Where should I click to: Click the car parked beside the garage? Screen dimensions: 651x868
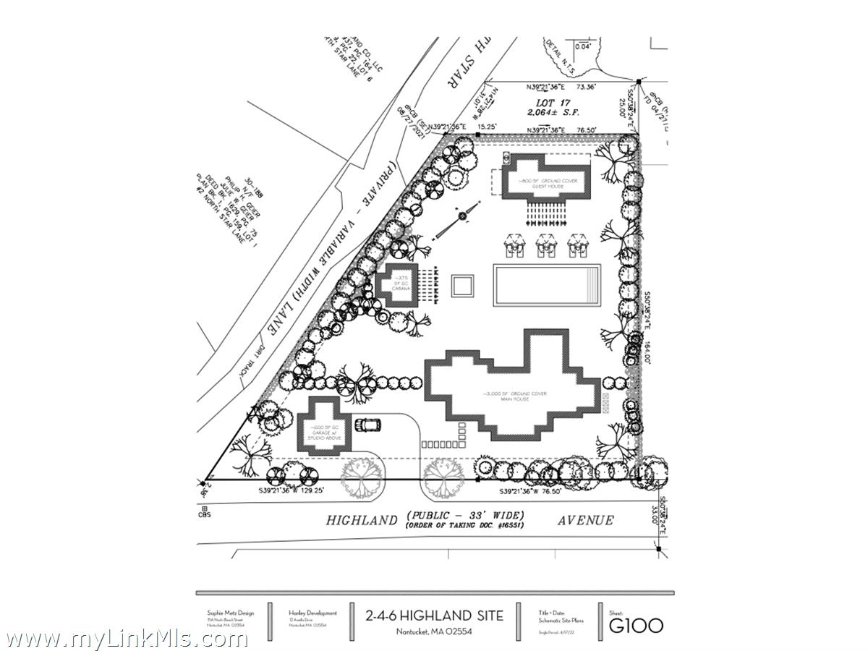coord(370,425)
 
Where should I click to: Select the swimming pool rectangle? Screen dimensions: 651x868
coord(547,286)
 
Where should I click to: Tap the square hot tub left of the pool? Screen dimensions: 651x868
coord(462,286)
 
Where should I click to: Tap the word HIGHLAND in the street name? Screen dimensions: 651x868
coord(362,520)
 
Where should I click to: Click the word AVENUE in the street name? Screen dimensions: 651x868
coord(585,520)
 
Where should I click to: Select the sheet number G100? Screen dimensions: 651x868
coord(636,624)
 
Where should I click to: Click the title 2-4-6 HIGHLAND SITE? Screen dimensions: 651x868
coord(435,616)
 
